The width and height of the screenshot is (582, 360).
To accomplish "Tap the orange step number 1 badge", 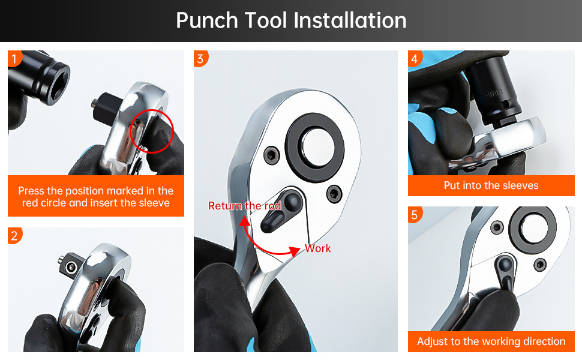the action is (x=14, y=58).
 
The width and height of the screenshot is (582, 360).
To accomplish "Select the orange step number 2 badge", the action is (x=14, y=235).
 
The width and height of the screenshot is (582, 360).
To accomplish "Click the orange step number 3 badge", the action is (x=200, y=58).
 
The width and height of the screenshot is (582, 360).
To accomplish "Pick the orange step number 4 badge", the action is (x=415, y=58).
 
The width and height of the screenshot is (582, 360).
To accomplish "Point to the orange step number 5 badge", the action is (x=415, y=215).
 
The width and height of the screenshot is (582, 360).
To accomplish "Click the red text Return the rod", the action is (x=245, y=206).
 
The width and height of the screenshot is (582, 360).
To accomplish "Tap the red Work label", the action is (x=318, y=248).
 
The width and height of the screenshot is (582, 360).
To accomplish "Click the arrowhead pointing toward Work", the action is (x=295, y=251).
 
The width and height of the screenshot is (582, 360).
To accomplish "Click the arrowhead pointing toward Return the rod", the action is (x=244, y=221).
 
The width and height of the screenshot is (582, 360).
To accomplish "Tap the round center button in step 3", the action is (x=316, y=144).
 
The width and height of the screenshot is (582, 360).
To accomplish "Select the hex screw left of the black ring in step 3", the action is (x=272, y=154).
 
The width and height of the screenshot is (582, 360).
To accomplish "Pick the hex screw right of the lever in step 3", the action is (x=334, y=194).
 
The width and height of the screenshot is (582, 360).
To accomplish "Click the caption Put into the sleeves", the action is (x=491, y=185).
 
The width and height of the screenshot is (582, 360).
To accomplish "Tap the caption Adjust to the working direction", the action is (x=491, y=341).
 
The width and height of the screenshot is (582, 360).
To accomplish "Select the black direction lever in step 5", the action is (x=506, y=272).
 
